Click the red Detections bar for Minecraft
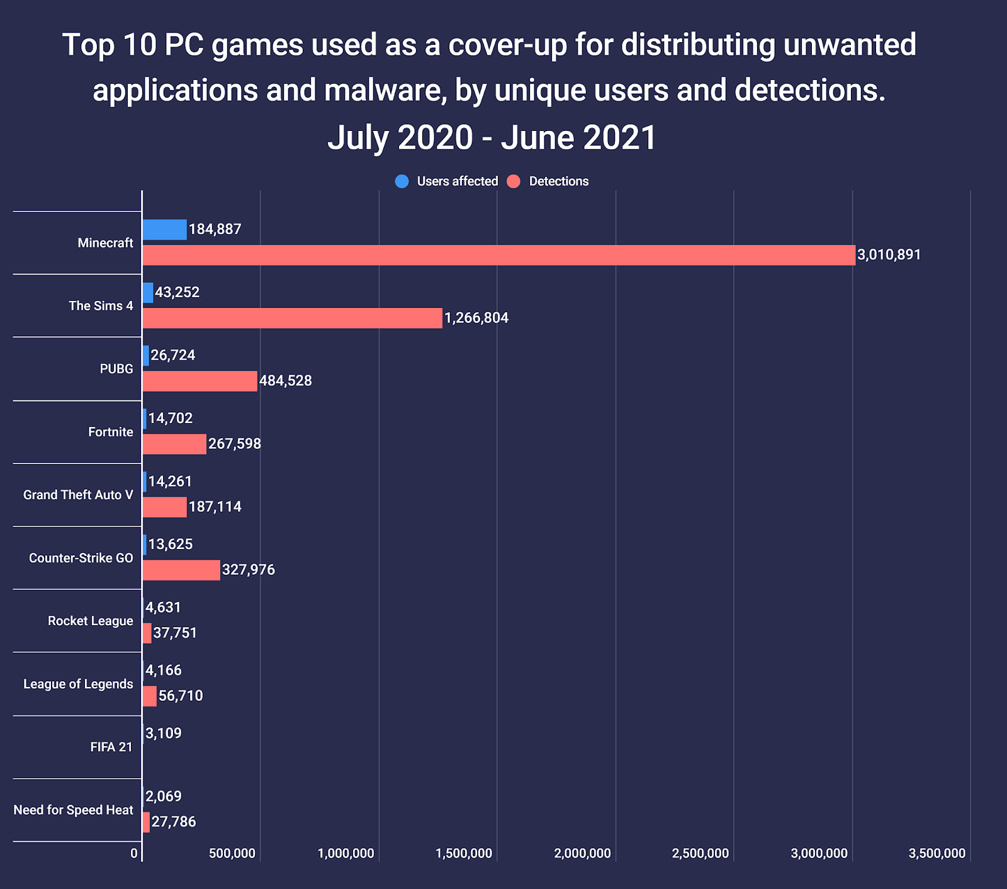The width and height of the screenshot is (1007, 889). tap(498, 255)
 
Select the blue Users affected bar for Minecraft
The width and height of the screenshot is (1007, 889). tap(165, 230)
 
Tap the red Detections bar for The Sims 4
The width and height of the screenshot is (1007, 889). tap(292, 318)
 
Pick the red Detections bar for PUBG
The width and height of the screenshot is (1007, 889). tap(200, 381)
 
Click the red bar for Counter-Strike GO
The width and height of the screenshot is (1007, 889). tap(181, 570)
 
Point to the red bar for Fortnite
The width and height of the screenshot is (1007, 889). tap(174, 444)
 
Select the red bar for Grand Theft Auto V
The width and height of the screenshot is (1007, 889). tap(165, 507)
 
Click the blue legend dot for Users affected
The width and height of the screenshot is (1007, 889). tap(402, 181)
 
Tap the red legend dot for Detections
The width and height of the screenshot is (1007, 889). tap(514, 181)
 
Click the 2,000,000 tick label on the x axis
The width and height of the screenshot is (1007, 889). tap(582, 854)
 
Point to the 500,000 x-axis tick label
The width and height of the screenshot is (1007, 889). tap(232, 854)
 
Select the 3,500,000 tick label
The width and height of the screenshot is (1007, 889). tap(937, 854)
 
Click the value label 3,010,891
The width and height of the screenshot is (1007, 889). tap(889, 255)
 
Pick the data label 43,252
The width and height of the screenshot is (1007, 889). tap(177, 292)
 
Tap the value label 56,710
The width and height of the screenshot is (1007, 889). tap(181, 696)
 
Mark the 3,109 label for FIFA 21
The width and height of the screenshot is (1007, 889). tap(164, 733)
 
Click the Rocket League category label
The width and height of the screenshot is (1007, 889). tap(91, 621)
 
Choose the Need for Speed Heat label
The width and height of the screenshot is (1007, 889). tap(74, 810)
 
